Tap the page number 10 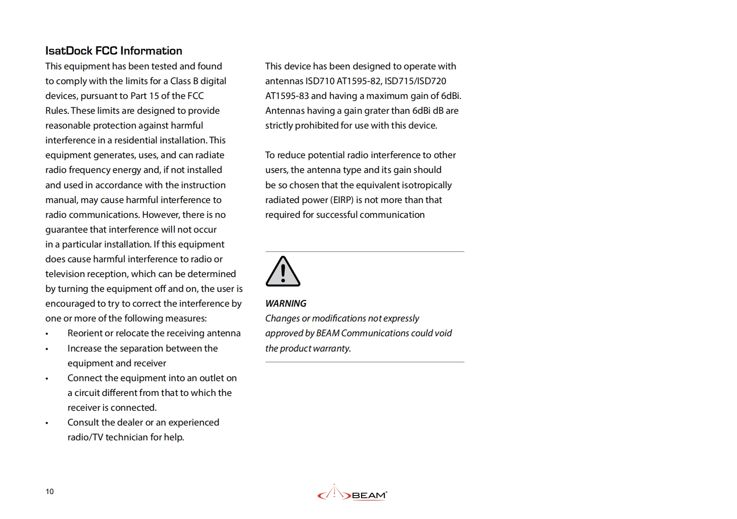50,491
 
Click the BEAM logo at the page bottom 352,494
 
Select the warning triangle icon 283,272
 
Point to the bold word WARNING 286,303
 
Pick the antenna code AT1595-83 287,96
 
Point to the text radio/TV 85,437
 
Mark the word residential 136,140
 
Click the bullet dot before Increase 47,349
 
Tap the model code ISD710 320,81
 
